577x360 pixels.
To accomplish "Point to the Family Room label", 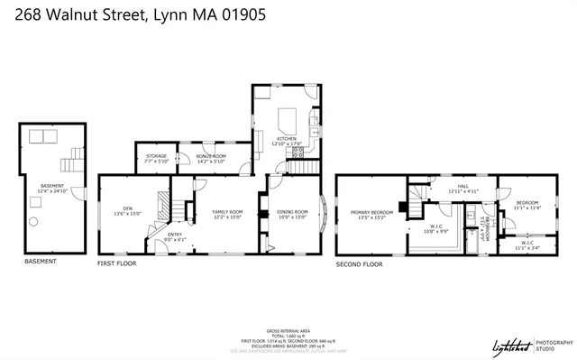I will pos(227,214).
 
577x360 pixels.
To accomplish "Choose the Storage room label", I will pos(156,158).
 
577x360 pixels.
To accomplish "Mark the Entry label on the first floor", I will pos(175,237).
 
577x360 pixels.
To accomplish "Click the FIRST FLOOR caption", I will pos(117,264).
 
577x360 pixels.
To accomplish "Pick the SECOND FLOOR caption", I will pos(359,264).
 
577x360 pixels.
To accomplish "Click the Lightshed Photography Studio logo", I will pos(532,344).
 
